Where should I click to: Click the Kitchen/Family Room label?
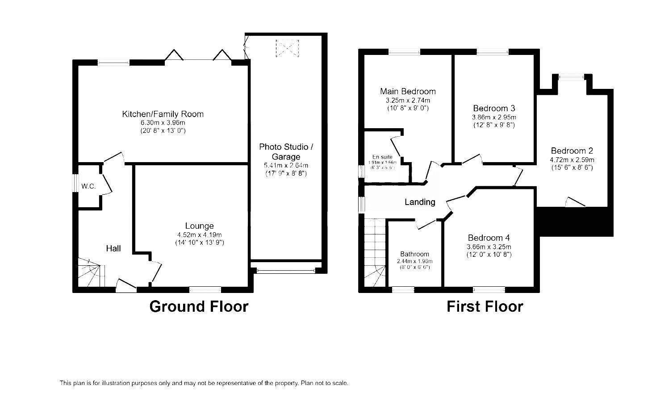pos(163,114)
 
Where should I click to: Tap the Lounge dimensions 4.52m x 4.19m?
pos(199,235)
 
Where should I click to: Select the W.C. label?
pos(88,186)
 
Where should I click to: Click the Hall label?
pos(113,248)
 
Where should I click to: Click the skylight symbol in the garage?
pos(286,48)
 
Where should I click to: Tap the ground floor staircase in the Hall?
pos(91,273)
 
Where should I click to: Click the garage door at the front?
pos(286,270)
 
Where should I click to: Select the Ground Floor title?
pos(198,306)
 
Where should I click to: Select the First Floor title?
pos(485,306)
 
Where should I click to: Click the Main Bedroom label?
pos(408,91)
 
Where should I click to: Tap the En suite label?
pos(382,157)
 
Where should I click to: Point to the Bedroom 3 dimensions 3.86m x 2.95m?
pos(494,117)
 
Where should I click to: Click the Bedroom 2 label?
pos(572,151)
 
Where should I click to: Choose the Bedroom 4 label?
pos(489,238)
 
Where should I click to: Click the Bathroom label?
pos(414,254)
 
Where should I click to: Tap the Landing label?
pos(420,202)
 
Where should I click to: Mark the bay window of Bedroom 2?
pos(572,77)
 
